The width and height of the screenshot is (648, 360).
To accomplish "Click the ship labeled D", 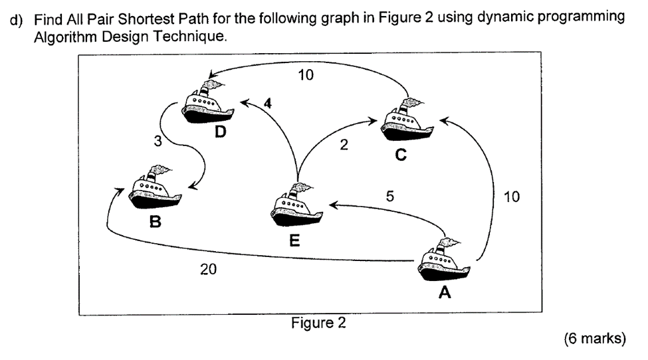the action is coord(208,102).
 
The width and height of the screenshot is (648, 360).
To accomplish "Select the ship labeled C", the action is coord(407,120).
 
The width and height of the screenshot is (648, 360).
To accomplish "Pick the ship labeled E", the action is coord(296,205).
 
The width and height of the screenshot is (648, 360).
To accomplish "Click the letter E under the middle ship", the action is coord(294,240).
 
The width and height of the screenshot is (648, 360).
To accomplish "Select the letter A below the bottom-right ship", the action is coord(445,292).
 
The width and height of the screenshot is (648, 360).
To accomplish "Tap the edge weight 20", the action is coord(208,269).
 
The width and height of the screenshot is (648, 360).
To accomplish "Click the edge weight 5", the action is coord(389,196).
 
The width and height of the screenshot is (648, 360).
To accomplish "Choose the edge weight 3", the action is coord(158,141).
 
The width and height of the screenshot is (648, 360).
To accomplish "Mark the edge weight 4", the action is coord(268,103).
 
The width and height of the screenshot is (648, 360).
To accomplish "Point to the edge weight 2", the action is coord(344,145).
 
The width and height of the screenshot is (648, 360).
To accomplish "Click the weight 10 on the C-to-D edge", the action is coord(306,75).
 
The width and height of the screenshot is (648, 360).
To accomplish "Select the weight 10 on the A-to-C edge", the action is coord(512,197).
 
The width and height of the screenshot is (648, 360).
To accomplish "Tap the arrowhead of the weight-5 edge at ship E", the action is coord(334,205).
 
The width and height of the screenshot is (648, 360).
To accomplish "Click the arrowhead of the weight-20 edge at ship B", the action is coord(119,191).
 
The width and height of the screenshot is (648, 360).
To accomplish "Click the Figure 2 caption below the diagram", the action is coord(318,323).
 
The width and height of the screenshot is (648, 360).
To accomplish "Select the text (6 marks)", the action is coord(595,339).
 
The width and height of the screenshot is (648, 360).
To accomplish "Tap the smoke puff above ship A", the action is coord(450,242).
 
